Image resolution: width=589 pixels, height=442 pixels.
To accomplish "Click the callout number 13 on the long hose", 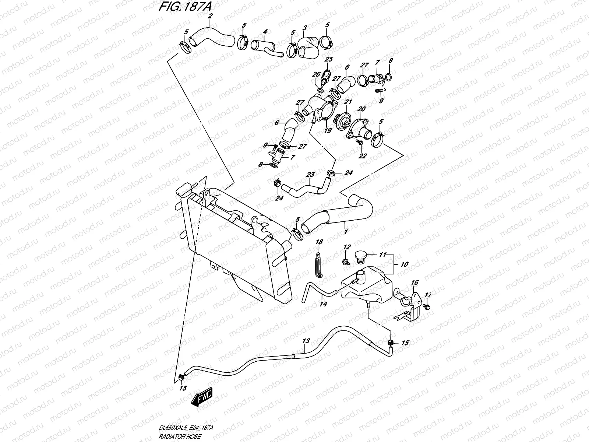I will [306, 341].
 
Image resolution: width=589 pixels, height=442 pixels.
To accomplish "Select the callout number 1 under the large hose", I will [345, 232].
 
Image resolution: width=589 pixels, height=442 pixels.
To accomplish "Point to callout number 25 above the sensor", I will [328, 59].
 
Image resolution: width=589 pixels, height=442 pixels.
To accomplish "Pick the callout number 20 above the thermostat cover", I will [361, 109].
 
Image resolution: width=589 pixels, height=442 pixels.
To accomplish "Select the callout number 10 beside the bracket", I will [405, 264].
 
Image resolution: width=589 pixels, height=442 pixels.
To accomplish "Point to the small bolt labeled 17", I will [427, 306].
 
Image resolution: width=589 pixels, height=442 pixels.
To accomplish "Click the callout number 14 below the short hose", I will [323, 304].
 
